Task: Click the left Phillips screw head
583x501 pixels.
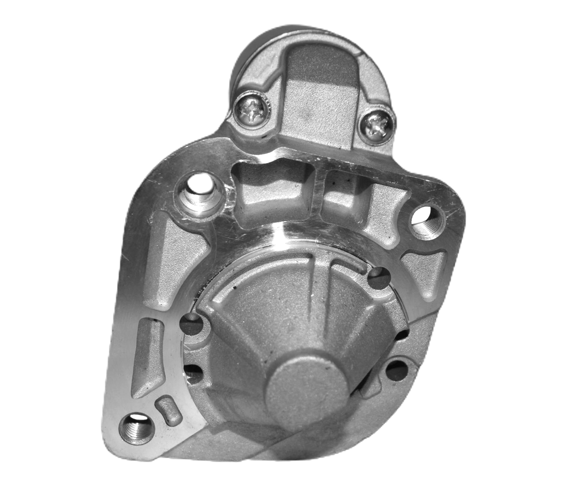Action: pyautogui.click(x=252, y=110)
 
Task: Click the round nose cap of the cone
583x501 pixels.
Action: pyautogui.click(x=307, y=387)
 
